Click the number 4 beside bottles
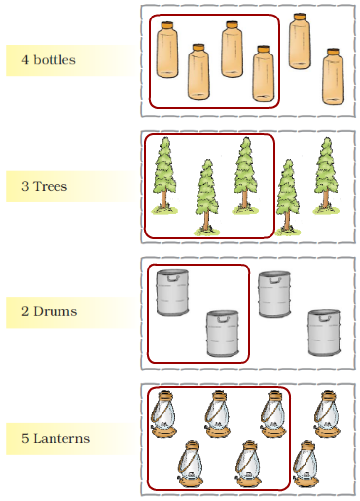point(25,60)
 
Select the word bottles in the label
point(54,59)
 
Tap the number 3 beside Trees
point(25,186)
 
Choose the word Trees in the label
point(51,186)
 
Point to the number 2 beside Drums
point(25,311)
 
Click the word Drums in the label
point(55,311)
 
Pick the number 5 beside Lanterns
point(25,438)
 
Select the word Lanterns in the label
point(61,438)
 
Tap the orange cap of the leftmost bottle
point(167,25)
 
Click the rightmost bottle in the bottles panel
point(333,77)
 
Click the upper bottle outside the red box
point(300,41)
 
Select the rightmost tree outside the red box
point(326,176)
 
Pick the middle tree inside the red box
point(207,197)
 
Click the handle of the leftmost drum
point(173,278)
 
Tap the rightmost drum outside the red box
point(324,333)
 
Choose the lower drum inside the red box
point(223,334)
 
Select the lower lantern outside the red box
point(306,463)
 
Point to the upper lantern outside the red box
point(327,414)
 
